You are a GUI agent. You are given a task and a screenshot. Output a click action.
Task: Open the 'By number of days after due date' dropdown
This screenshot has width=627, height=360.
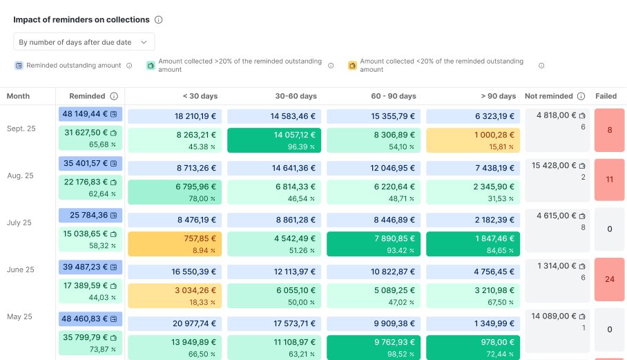point(84,42)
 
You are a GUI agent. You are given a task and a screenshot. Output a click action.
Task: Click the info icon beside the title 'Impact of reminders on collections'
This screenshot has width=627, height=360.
point(159,20)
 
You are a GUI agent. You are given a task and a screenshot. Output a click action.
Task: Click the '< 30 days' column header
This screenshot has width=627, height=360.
point(200,96)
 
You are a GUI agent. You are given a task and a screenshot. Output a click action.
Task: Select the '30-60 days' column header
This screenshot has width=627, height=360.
point(296,96)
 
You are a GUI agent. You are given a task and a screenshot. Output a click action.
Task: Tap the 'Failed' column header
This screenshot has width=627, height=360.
point(606,96)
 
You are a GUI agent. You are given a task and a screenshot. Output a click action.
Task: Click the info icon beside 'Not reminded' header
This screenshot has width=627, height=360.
point(581,96)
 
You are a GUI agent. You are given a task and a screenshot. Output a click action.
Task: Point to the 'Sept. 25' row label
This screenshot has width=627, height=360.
point(21,129)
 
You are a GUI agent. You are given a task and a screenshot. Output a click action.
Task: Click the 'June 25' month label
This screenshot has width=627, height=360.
point(20,269)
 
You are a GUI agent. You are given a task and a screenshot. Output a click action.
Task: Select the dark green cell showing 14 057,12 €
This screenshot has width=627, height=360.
point(274,140)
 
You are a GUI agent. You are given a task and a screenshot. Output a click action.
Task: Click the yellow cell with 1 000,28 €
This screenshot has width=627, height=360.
point(473,140)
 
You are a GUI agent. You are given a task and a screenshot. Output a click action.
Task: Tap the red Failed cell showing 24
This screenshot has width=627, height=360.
point(609,280)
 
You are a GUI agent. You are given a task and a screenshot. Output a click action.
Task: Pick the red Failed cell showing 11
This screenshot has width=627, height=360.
point(609,180)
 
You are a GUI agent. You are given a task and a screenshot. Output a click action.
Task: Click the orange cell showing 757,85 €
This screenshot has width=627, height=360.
point(175,244)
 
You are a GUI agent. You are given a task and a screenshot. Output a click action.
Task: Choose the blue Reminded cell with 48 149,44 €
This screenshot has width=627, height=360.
point(90,114)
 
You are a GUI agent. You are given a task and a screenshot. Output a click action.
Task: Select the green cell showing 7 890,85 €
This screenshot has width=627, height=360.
point(374,244)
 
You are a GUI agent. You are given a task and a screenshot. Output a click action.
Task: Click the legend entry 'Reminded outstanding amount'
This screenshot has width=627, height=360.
point(73,66)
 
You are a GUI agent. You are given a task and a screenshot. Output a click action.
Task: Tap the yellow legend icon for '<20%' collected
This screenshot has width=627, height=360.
point(352,66)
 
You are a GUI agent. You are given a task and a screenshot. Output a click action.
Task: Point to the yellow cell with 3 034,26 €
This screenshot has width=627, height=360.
point(175,296)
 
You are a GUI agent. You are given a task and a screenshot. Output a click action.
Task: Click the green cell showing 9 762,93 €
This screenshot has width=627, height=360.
point(374,348)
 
